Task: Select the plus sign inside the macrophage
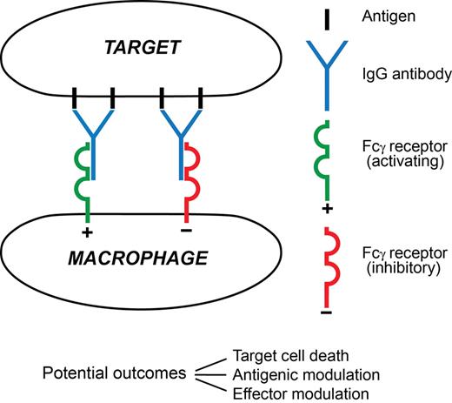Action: tap(86, 232)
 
